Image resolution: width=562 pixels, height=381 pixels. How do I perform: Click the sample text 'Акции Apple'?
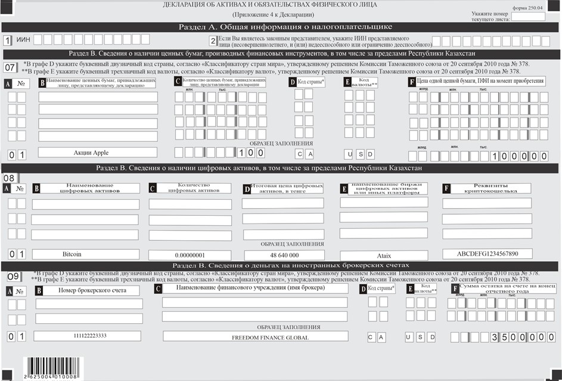pos(91,153)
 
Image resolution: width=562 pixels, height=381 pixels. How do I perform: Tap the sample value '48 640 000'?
pos(282,255)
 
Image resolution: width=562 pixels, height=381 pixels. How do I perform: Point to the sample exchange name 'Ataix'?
pos(384,255)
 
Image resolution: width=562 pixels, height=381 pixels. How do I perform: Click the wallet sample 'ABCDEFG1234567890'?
pos(486,253)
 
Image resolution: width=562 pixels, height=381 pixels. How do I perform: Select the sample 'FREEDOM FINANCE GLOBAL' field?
pos(255,337)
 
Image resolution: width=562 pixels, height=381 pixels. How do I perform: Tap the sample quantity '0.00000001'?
pos(190,255)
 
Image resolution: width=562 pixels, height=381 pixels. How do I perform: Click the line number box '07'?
pos(10,67)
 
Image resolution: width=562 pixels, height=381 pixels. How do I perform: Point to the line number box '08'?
pos(10,178)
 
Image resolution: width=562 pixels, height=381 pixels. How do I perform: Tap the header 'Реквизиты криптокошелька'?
pos(486,188)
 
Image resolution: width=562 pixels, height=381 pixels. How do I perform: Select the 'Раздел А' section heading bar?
pos(280,27)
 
